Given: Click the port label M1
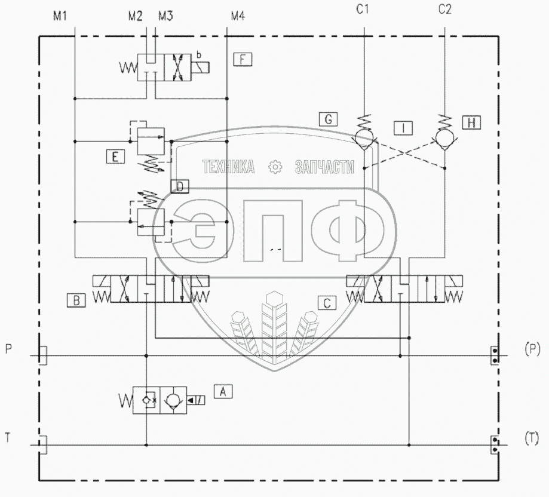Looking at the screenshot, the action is click(60, 16).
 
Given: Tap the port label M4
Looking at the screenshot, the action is click(238, 16).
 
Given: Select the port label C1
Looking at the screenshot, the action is click(363, 9).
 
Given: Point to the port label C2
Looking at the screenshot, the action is click(444, 9).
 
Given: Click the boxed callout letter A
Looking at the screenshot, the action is click(223, 392).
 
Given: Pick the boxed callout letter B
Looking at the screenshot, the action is click(76, 300).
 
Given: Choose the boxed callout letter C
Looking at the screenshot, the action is click(327, 303).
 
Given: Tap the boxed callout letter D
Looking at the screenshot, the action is click(180, 186).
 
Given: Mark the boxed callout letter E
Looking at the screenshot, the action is click(115, 157).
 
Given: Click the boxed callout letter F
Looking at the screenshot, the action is click(243, 59).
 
